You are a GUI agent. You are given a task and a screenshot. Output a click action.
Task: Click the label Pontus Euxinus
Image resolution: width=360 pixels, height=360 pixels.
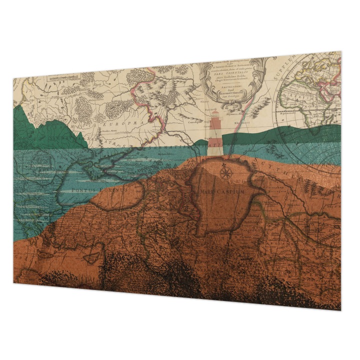pos(100,189)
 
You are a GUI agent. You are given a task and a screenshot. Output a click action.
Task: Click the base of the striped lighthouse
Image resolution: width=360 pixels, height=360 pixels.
pos(215,152)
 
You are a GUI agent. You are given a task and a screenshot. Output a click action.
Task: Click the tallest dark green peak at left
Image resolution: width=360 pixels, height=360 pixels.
pos(20,108)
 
